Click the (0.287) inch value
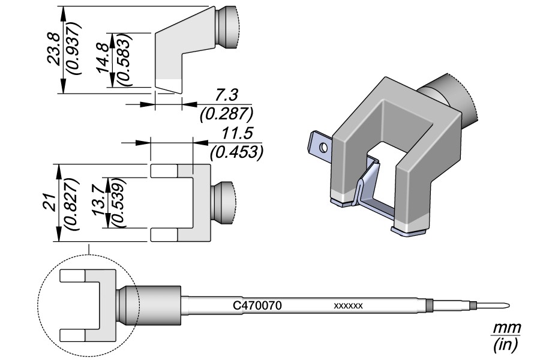[226, 113]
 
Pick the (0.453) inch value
[236, 152]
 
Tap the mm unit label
[506, 328]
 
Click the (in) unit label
[506, 345]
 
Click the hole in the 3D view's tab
[323, 146]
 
